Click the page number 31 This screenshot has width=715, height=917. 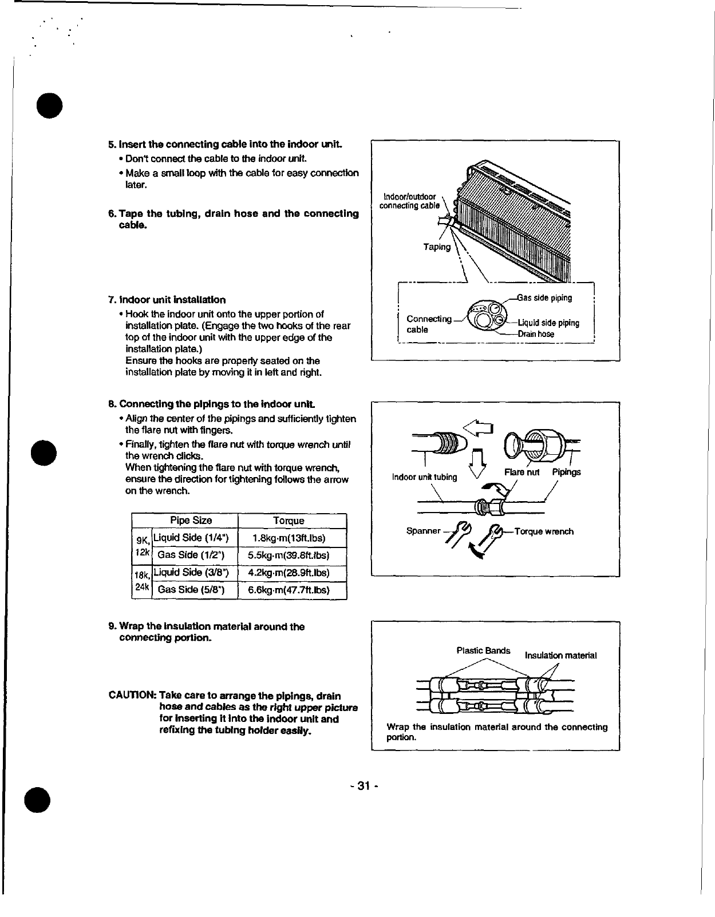click(362, 786)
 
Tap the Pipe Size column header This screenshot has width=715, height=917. click(191, 521)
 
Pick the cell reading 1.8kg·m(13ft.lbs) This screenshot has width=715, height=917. click(289, 538)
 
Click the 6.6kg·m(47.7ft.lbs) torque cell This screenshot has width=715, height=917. click(289, 590)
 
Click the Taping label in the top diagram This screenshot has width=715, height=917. click(437, 247)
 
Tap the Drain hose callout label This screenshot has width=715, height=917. click(536, 334)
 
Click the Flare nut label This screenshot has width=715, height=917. click(522, 472)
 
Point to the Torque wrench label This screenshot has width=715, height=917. click(544, 531)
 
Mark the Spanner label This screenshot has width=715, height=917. click(423, 531)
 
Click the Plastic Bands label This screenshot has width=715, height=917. click(483, 650)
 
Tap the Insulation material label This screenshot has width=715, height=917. click(560, 656)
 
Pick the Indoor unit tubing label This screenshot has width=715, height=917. click(424, 477)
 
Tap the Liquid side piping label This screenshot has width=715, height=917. click(548, 323)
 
